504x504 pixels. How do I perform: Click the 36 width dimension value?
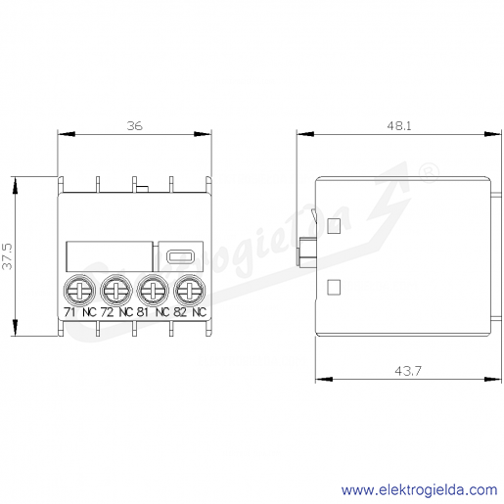pyautogui.click(x=134, y=126)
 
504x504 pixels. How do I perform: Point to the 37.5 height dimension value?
pyautogui.click(x=7, y=256)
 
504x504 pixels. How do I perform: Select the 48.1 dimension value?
pyautogui.click(x=399, y=126)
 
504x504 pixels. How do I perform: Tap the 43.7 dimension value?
pyautogui.click(x=408, y=371)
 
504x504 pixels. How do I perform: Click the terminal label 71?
pyautogui.click(x=69, y=312)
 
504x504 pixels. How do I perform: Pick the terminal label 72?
pyautogui.click(x=107, y=312)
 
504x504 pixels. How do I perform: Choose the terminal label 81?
pyautogui.click(x=143, y=312)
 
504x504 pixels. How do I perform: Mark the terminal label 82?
pyautogui.click(x=180, y=312)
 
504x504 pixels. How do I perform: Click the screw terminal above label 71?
pyautogui.click(x=79, y=290)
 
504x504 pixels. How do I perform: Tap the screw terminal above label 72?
pyautogui.click(x=116, y=290)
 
